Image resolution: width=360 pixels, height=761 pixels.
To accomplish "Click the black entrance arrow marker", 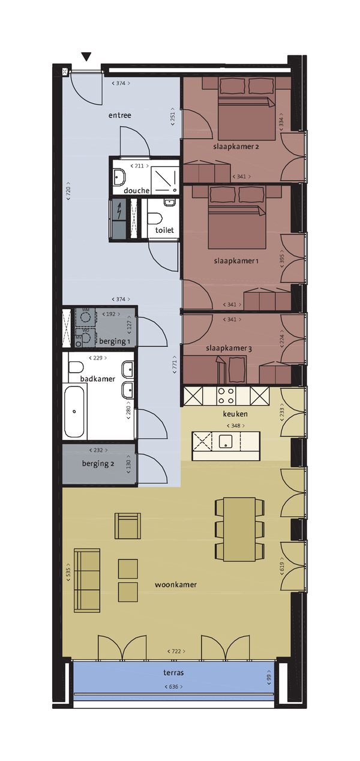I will (x=87, y=57).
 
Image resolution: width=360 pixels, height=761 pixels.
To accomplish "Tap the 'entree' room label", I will (x=119, y=115).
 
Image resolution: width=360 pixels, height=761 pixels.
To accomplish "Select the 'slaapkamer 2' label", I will (x=236, y=146).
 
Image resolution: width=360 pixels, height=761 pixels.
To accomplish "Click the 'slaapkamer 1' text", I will (x=236, y=261).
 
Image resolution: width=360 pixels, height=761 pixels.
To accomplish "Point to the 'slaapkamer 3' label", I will (x=229, y=348).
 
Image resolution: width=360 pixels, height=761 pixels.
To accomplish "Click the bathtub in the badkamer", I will (x=75, y=412).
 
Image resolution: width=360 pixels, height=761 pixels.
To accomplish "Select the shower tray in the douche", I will (x=162, y=177).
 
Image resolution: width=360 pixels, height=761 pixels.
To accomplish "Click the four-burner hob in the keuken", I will (x=226, y=396).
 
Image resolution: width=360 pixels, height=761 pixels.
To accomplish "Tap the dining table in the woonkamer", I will (x=240, y=528).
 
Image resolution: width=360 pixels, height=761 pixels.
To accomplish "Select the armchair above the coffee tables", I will (x=128, y=526).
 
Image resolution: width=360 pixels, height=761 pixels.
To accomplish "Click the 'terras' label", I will (x=172, y=673).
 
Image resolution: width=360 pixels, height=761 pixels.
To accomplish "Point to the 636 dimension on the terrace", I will (x=172, y=687).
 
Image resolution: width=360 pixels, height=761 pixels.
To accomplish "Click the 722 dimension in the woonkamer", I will (x=176, y=651).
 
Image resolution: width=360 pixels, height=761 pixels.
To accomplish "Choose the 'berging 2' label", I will (x=98, y=463).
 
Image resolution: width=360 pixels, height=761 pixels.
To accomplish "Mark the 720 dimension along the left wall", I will (x=68, y=192).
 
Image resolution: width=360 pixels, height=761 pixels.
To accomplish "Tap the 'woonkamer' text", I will (x=176, y=584).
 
